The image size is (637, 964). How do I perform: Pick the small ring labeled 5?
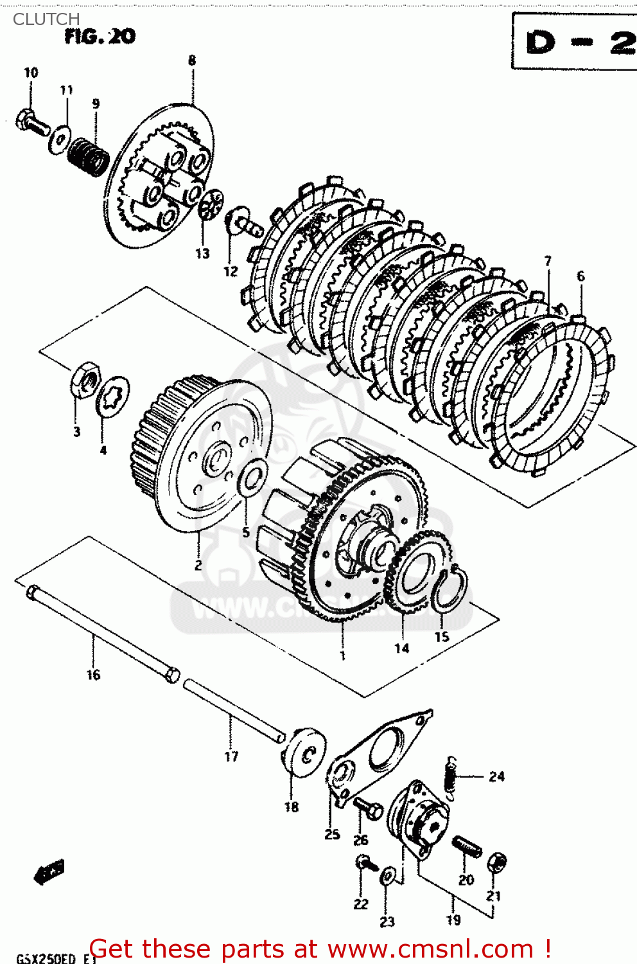click(x=252, y=478)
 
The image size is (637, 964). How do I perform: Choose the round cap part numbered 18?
click(x=304, y=753)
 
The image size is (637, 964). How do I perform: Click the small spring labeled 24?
click(x=451, y=778)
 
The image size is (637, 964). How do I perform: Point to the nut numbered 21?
click(x=496, y=863)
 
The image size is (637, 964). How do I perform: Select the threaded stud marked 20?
click(x=466, y=847)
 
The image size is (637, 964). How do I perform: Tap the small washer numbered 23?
click(x=388, y=876)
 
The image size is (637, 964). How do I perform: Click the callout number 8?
click(x=192, y=60)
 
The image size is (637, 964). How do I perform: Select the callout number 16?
click(x=93, y=675)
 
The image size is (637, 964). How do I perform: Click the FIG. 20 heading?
click(x=100, y=37)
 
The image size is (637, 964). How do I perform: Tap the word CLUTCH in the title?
click(x=46, y=19)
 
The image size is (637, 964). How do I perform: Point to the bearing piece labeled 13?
click(x=210, y=206)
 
